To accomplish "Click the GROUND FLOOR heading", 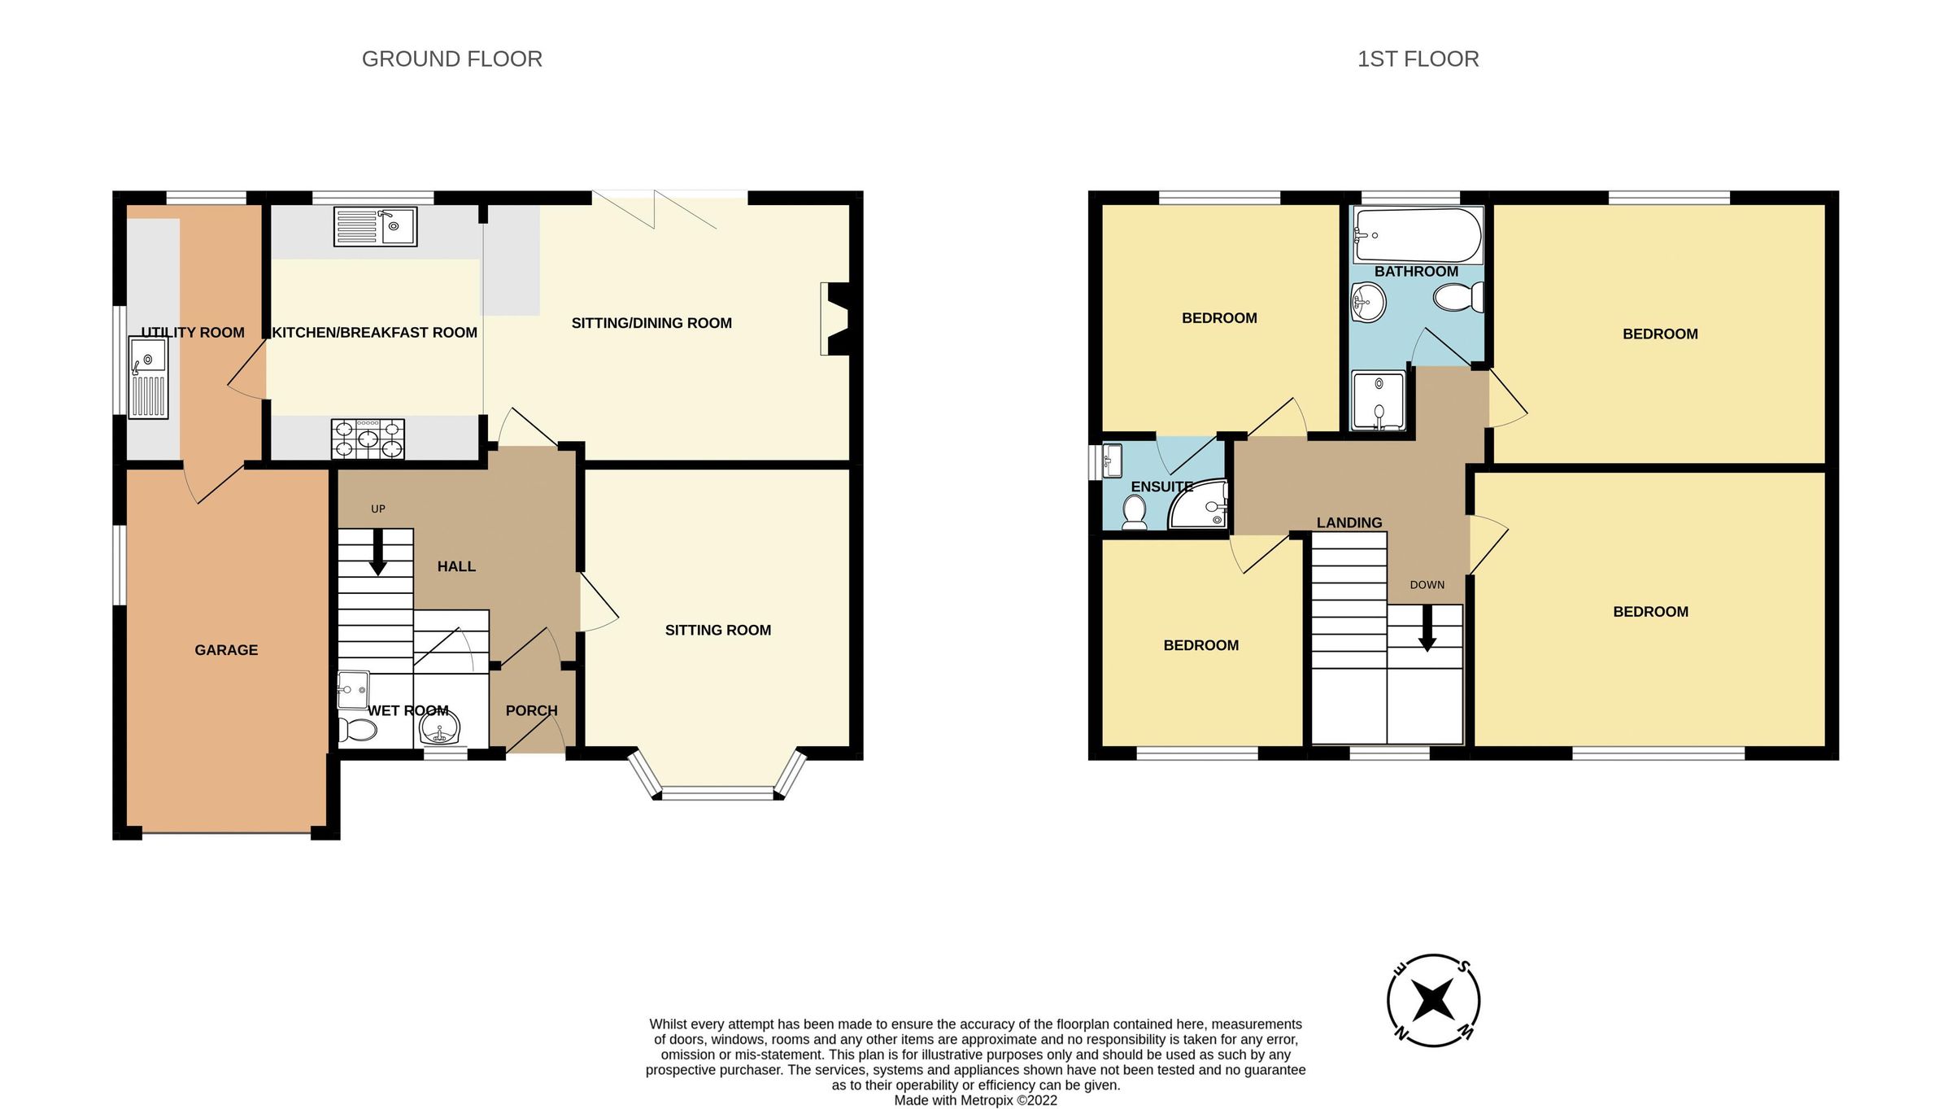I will (451, 59).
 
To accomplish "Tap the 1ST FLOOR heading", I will (1418, 59).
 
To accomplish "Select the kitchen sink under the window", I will (375, 226).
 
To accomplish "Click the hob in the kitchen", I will (368, 439).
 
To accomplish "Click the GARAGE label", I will (226, 650).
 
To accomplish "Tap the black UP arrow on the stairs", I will (378, 553).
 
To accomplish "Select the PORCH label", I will (531, 710).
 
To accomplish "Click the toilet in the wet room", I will (357, 730).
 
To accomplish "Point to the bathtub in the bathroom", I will (1416, 235).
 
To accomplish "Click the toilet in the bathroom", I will (1458, 297).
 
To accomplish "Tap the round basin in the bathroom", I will (1368, 302).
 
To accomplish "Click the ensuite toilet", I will (1134, 512).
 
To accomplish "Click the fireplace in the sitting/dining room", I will (835, 319).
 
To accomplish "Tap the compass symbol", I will (1432, 1000).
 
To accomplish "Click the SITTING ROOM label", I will (717, 630).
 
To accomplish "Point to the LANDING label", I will (1349, 522).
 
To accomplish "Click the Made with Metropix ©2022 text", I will (975, 1100).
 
